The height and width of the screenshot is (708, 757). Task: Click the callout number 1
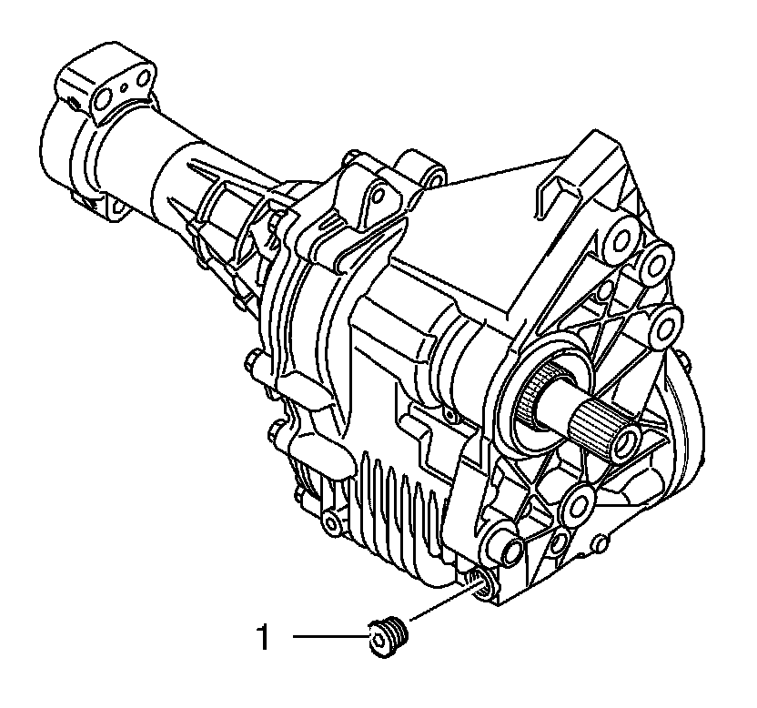pos(263,638)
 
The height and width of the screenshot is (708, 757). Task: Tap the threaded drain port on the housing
pos(479,583)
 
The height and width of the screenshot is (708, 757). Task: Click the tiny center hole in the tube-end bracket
pos(125,87)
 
